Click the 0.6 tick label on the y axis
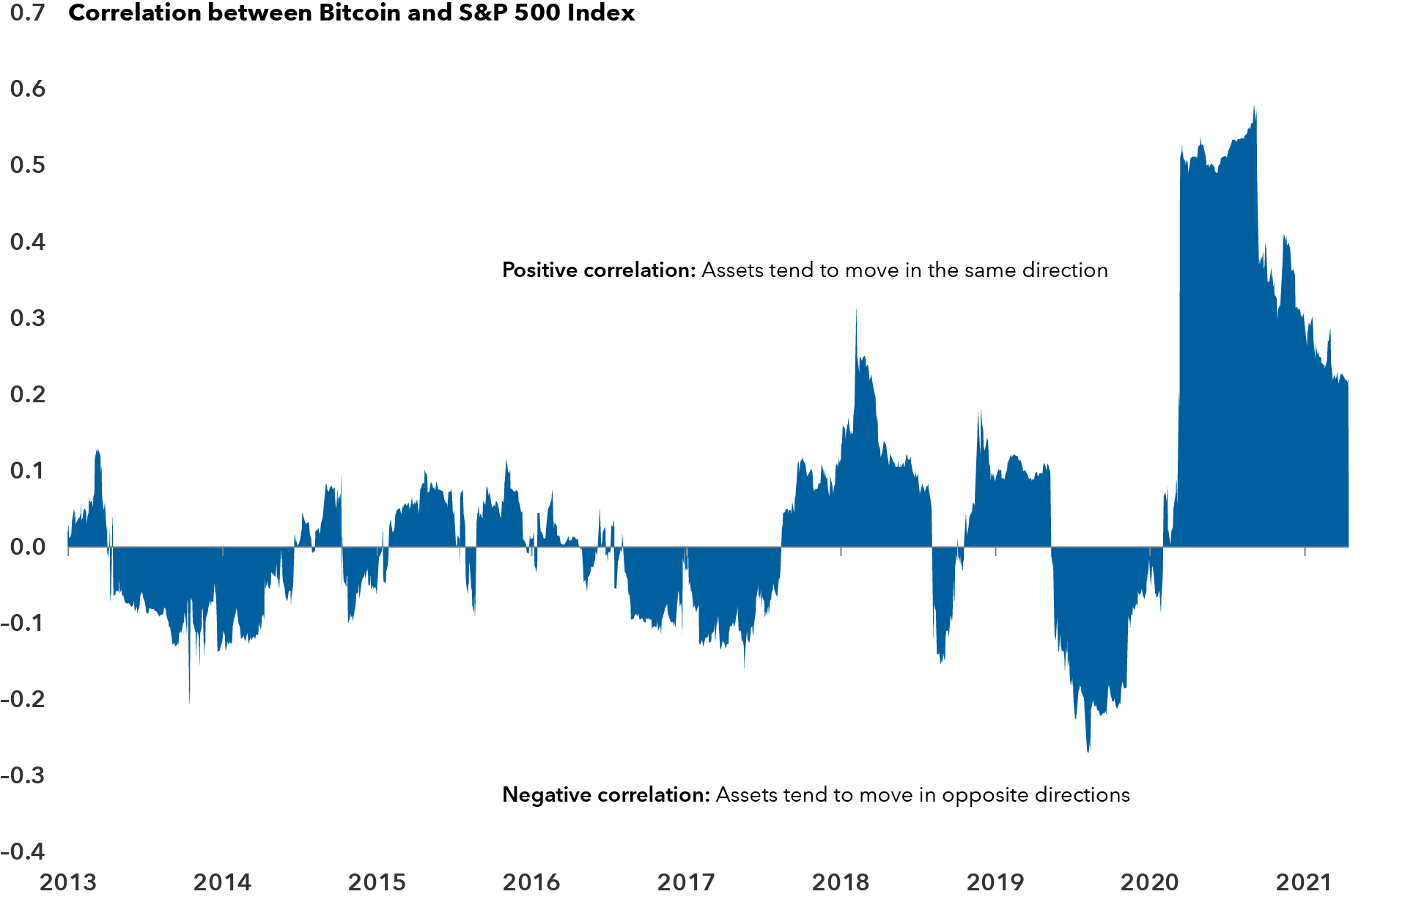click(28, 89)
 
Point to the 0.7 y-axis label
click(28, 12)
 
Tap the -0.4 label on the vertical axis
click(23, 852)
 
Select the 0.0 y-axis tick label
click(28, 547)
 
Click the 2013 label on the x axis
click(68, 882)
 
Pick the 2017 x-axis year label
click(686, 882)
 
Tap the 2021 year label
click(1304, 882)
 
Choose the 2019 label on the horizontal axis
click(995, 882)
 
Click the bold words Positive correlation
click(598, 270)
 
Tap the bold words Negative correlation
click(605, 795)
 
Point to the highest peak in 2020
click(1254, 108)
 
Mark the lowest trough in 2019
click(1088, 751)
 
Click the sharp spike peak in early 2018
click(856, 310)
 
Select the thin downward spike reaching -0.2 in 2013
click(189, 701)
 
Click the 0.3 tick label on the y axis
click(28, 318)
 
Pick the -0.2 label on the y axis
click(23, 699)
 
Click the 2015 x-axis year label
click(377, 882)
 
